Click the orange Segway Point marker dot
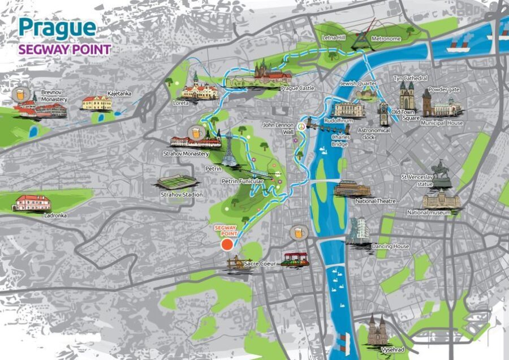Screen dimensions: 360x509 [x=227, y=245]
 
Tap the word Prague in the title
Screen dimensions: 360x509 [x=57, y=28]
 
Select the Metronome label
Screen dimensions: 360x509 [x=386, y=39]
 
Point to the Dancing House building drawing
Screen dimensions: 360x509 [x=358, y=231]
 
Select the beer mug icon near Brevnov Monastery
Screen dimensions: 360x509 [x=21, y=94]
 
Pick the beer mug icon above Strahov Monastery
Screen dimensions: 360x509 [x=196, y=132]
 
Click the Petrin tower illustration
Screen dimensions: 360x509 [x=229, y=151]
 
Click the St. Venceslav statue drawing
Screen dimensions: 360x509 [x=441, y=173]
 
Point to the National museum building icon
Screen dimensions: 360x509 [x=441, y=199]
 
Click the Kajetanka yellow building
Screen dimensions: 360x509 [x=97, y=102]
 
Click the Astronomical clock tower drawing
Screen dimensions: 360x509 [x=384, y=114]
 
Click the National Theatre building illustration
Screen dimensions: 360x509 [x=352, y=188]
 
